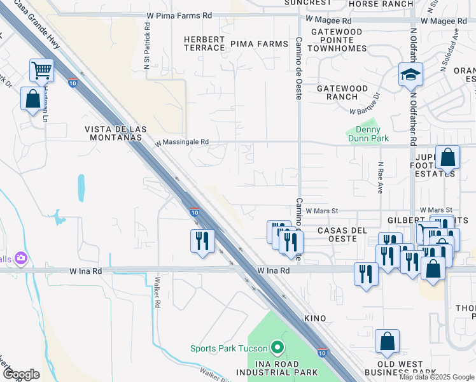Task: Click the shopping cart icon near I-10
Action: [x=41, y=71]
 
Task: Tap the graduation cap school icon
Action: [x=410, y=75]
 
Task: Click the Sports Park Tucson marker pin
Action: [x=277, y=348]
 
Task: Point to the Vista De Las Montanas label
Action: [x=115, y=132]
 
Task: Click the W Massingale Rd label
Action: [x=181, y=143]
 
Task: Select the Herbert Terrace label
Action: [x=204, y=43]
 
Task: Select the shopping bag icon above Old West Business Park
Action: [x=387, y=342]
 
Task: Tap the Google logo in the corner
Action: [x=21, y=374]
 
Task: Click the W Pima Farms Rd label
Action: [x=179, y=15]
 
